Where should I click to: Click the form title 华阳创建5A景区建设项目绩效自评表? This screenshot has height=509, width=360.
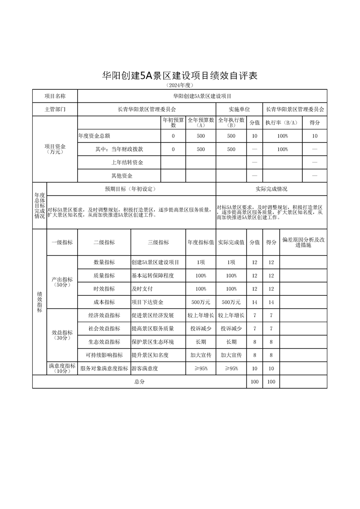(180, 76)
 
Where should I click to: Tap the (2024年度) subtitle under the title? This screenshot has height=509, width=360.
(180, 85)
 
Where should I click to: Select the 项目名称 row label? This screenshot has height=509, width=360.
(55, 96)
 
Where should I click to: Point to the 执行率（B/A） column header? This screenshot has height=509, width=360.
(282, 122)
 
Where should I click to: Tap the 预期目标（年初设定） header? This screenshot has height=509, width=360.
(131, 189)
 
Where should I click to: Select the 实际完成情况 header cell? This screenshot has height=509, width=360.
(271, 189)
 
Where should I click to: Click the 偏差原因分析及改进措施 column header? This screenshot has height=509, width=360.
(303, 242)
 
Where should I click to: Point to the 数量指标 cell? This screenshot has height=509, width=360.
(104, 263)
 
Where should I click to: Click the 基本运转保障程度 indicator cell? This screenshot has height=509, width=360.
(153, 276)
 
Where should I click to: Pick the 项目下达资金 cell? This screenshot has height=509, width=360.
(147, 302)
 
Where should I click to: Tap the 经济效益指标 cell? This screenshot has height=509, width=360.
(104, 315)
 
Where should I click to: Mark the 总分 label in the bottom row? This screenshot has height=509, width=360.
(139, 382)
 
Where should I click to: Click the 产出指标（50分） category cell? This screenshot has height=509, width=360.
(62, 282)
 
